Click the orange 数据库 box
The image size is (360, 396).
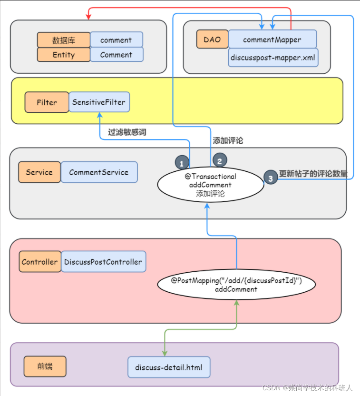click(64, 40)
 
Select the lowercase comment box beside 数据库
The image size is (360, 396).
click(117, 40)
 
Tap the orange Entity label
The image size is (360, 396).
click(64, 55)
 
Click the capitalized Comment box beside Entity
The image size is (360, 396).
click(117, 55)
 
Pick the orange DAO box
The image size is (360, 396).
click(212, 40)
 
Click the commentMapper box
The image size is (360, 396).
click(272, 40)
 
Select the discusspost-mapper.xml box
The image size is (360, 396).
click(272, 58)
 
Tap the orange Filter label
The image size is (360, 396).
click(47, 102)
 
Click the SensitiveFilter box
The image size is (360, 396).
click(99, 102)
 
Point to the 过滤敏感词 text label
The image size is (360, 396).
click(127, 132)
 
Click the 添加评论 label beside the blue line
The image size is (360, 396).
click(228, 140)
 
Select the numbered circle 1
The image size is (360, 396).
click(182, 163)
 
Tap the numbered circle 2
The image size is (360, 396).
click(220, 161)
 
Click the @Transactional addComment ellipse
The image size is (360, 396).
click(210, 185)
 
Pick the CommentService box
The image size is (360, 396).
click(99, 172)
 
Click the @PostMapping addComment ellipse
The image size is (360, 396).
click(236, 285)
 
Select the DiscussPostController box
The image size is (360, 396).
click(103, 262)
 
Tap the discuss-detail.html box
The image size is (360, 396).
click(168, 367)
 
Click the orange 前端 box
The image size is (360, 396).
click(45, 366)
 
